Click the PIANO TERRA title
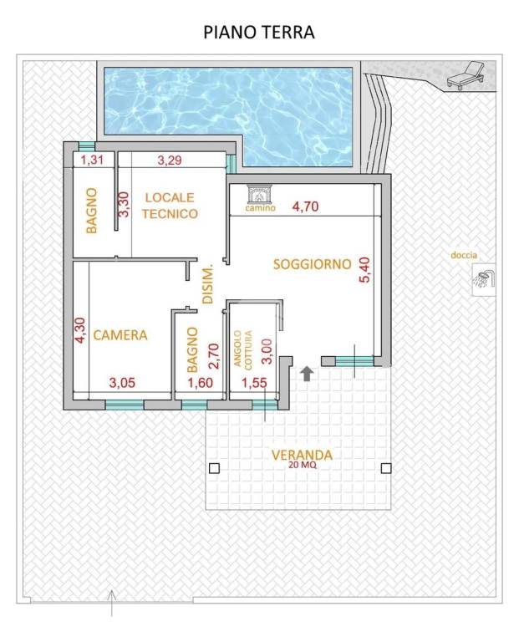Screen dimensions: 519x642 coord(259,33)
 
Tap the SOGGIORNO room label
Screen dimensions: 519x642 coord(313,264)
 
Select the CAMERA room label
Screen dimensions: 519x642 coord(120,335)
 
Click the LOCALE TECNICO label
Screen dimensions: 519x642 coord(170,206)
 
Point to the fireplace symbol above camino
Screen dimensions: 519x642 coord(259,195)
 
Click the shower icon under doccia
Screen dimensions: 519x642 coord(484,279)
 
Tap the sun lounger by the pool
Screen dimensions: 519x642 coord(466,74)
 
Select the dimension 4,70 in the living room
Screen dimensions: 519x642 coord(305,206)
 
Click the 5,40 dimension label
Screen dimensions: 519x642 coord(364,269)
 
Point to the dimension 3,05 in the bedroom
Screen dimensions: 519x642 coord(122,383)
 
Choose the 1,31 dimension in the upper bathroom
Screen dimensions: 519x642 coord(92,160)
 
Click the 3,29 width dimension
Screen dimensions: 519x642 coord(170,160)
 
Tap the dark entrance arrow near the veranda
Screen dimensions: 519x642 coord(307,374)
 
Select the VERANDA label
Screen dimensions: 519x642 coord(302,455)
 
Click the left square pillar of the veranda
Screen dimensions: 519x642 coord(214,468)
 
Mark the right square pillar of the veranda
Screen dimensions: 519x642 coord(386,468)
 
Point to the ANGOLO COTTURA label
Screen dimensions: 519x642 coord(242,350)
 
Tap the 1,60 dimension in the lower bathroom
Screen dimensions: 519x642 coord(200,383)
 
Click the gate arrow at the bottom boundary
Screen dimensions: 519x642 coord(112,603)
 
